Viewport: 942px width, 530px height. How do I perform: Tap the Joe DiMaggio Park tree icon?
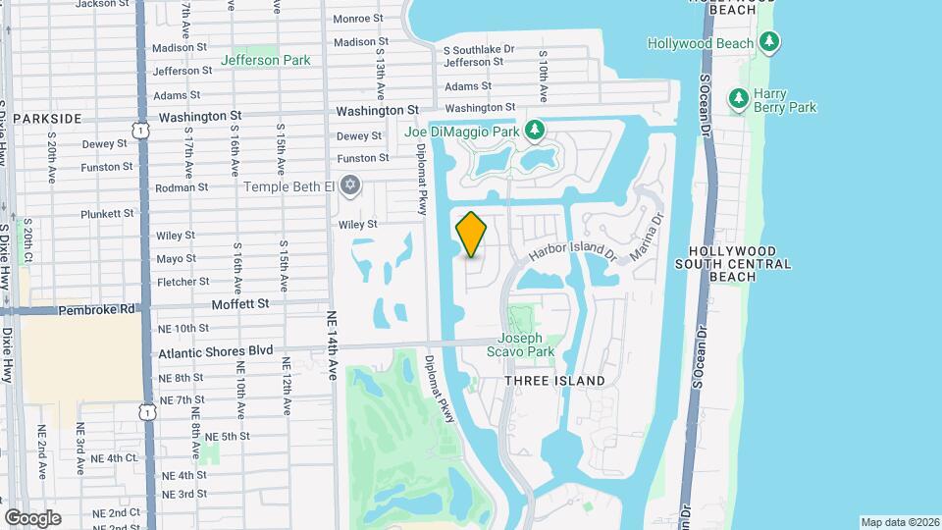[534, 130]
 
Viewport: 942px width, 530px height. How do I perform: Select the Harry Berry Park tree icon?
[738, 98]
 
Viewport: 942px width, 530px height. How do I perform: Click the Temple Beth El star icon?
[350, 185]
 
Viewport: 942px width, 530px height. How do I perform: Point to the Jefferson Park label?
[265, 60]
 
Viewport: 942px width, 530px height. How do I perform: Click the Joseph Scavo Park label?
[526, 344]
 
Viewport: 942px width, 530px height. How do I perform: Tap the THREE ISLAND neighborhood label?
[553, 380]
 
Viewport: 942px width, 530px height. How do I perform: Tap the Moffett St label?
[240, 304]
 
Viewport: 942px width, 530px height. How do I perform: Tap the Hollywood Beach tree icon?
[769, 42]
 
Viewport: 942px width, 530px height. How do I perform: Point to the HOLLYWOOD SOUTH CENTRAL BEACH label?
[733, 264]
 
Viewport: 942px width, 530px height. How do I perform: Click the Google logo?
[32, 517]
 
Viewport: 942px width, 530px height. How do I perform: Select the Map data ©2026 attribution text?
[899, 522]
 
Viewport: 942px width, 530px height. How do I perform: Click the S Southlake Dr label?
[478, 48]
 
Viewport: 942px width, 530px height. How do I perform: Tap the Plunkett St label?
[107, 213]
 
